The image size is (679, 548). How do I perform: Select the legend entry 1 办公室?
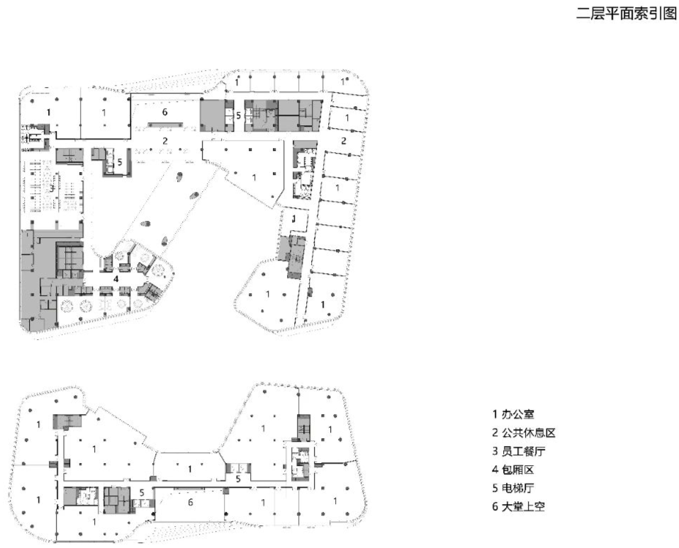coord(514,413)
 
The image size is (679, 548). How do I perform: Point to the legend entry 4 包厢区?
coord(514,469)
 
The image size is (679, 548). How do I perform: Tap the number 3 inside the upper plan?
coord(51,188)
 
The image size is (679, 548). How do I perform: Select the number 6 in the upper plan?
coord(164,112)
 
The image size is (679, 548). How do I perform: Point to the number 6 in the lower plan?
coord(190,502)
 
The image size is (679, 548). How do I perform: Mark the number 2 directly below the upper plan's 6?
coord(164,141)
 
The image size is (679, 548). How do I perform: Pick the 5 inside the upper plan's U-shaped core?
coord(120,162)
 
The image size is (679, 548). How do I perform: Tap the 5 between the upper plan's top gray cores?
coord(239,115)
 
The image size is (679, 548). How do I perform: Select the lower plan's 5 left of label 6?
coord(142,493)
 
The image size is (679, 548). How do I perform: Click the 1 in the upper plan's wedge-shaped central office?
coord(253,176)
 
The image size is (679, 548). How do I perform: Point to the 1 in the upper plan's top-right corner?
coord(344,83)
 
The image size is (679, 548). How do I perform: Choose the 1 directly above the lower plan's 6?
coord(189,469)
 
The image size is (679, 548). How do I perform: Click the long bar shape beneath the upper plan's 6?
coord(165,126)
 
